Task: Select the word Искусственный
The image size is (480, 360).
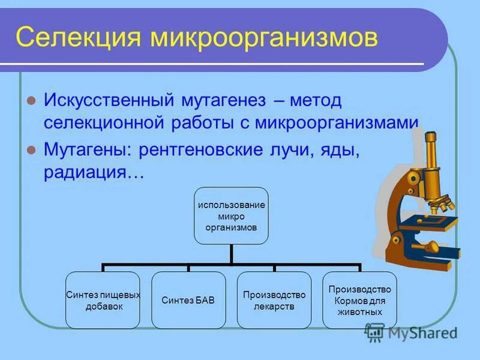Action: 108,101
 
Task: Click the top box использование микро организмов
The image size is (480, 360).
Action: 231,216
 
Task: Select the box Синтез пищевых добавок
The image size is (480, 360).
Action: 103,300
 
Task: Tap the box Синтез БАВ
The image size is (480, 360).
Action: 188,300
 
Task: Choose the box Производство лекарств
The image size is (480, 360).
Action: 274,300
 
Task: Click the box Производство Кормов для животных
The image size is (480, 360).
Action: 360,300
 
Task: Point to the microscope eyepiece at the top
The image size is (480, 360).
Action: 430,139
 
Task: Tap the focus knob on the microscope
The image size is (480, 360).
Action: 431,246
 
